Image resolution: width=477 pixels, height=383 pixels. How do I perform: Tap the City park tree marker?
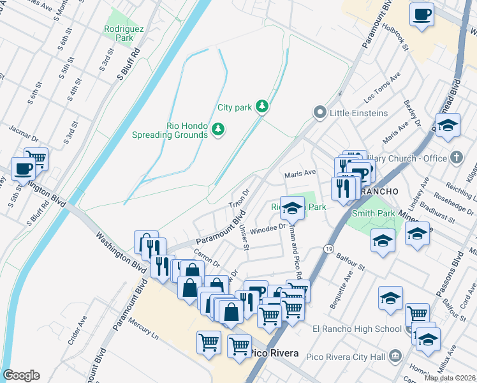(x=261, y=106)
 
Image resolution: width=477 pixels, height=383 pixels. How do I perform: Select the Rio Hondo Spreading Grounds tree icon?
(x=218, y=130)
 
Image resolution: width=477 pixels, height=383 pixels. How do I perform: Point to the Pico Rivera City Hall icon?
(x=395, y=356)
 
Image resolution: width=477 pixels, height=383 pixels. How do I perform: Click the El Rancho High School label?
(x=356, y=329)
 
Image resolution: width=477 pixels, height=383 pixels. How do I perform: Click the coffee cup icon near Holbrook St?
(x=422, y=13)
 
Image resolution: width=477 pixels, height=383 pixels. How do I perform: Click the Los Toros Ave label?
(x=382, y=88)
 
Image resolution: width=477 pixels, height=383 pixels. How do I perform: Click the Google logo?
(x=21, y=375)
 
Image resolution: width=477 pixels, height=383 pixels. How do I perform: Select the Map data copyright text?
(x=450, y=378)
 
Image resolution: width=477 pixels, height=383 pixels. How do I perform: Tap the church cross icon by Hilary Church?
(x=456, y=157)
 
